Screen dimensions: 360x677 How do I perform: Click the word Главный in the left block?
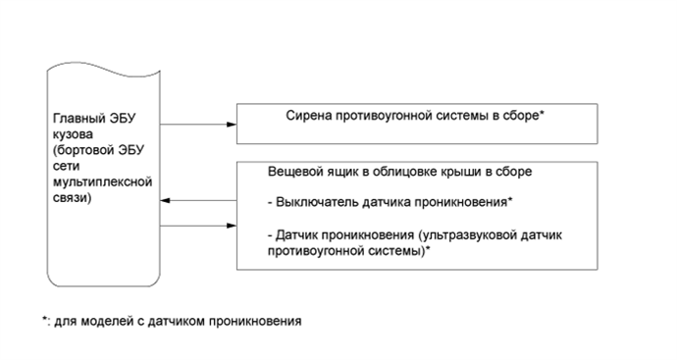click(76, 120)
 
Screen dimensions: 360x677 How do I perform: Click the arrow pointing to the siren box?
click(232, 125)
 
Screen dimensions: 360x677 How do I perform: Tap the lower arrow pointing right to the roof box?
click(232, 228)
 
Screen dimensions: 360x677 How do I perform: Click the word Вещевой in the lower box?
click(292, 171)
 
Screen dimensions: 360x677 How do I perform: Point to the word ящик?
click(339, 171)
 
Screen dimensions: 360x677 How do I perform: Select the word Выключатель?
click(320, 203)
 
